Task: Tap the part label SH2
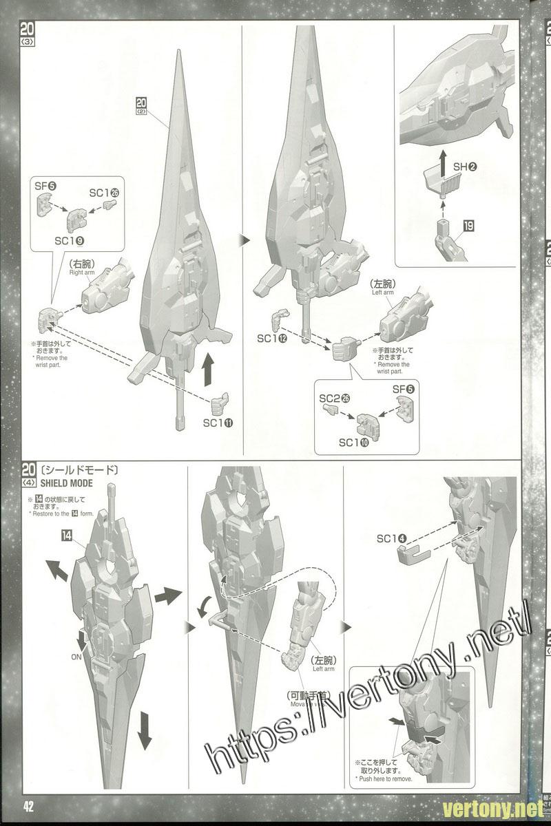[x=465, y=167]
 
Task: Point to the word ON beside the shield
[x=77, y=656]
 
